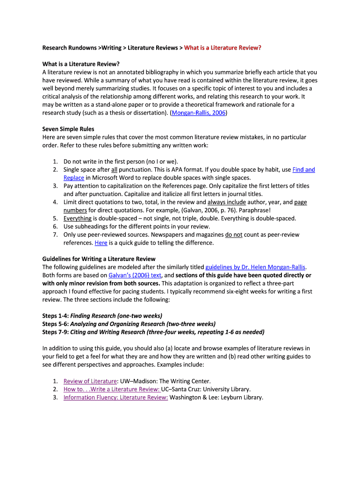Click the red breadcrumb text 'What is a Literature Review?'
tap(223, 48)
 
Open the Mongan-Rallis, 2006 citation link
tap(199, 113)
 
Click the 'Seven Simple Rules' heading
tap(68, 129)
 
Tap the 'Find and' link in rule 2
tap(303, 170)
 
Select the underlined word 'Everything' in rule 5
tap(78, 218)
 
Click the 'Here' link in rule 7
tap(101, 243)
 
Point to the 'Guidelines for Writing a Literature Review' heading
tap(99, 259)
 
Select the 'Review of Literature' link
tap(90, 381)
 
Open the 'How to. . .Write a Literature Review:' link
tap(111, 389)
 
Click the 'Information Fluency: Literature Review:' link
tap(115, 398)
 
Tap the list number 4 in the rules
tap(55, 202)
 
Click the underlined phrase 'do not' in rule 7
tap(234, 235)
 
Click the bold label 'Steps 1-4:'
tap(55, 316)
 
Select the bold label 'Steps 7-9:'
tap(55, 332)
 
